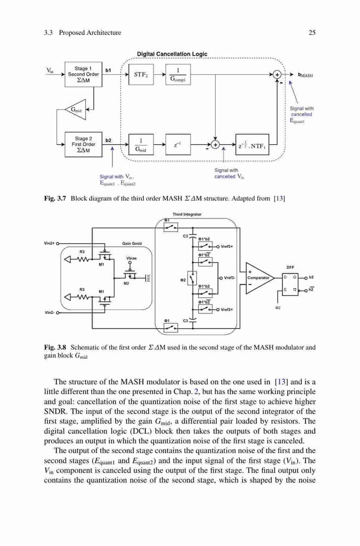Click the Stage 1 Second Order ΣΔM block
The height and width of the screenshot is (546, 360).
[83, 74]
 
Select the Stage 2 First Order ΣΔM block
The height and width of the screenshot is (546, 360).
[83, 145]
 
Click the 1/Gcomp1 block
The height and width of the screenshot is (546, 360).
[178, 74]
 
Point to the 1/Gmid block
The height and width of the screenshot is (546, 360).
[141, 145]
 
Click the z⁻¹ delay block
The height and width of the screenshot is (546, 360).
[178, 145]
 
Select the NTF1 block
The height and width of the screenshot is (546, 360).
[252, 145]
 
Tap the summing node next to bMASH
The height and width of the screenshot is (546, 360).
[277, 74]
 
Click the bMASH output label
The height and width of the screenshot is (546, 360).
[305, 75]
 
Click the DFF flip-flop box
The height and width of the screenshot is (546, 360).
[290, 284]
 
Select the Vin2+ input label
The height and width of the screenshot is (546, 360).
[50, 244]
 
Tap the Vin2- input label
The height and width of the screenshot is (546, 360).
[50, 313]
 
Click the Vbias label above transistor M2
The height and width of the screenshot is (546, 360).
[132, 258]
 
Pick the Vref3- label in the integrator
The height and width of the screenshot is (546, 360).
[229, 278]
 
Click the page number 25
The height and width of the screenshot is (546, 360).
[312, 33]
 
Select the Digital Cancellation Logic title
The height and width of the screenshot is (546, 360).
[172, 54]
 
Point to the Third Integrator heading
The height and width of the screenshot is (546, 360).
[187, 215]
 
